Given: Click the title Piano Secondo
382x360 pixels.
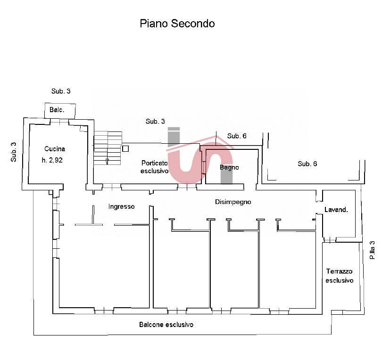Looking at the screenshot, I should click(x=177, y=24).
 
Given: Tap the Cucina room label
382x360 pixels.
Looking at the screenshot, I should click(x=55, y=149).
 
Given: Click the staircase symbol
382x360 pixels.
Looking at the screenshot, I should click(x=108, y=147).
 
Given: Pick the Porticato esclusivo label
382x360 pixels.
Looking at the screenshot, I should click(x=154, y=167).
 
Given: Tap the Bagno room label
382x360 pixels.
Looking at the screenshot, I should click(x=229, y=167).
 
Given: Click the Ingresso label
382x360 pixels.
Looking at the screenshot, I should click(x=121, y=206).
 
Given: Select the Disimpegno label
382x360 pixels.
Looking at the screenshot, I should click(x=233, y=202).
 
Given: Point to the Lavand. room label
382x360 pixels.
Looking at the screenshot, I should click(x=336, y=210).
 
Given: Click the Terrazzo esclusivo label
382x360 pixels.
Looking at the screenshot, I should click(x=339, y=276).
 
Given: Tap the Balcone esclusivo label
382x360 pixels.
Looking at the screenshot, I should click(x=166, y=325).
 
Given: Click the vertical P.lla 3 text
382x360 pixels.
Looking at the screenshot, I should click(x=372, y=250).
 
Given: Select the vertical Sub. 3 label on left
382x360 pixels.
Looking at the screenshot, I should click(x=14, y=152).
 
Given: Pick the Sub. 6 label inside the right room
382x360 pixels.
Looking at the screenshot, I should click(x=307, y=164).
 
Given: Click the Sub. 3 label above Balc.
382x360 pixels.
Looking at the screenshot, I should click(x=61, y=91).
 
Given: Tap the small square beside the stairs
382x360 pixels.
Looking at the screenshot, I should click(x=125, y=148).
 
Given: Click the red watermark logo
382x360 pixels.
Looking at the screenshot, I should click(x=200, y=155).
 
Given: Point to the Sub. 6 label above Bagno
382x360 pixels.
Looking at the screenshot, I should click(x=237, y=136).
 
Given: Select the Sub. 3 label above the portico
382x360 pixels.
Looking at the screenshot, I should click(x=155, y=122).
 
